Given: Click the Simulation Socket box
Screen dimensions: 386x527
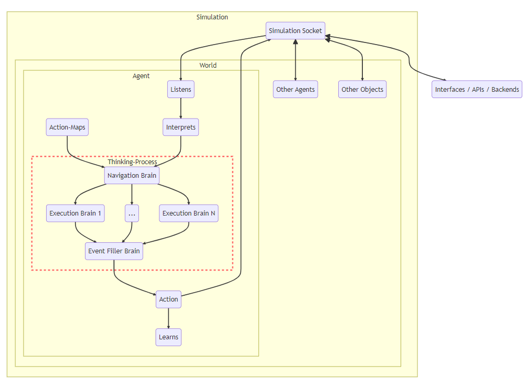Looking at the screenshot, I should point(295,31).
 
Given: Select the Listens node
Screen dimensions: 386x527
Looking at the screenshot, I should point(181,90).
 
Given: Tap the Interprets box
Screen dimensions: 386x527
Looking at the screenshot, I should point(181,127).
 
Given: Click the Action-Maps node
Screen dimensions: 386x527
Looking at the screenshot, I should point(67,127).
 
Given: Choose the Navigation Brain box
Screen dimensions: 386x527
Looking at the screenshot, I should point(132,176).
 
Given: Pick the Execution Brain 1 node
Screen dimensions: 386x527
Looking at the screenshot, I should point(75,213).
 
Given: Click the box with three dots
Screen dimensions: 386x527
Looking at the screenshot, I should point(132,213).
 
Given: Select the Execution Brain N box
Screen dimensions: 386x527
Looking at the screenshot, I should point(189,213).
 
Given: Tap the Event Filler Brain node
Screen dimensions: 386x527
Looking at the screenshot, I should point(114,251).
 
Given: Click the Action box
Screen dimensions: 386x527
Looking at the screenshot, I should point(168,299).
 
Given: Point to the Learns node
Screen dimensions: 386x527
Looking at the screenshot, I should point(168,337).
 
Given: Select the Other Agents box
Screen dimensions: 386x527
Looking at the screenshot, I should point(296,90).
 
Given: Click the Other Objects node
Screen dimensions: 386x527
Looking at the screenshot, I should point(362,90).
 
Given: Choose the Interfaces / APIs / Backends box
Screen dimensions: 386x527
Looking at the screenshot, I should point(477,90).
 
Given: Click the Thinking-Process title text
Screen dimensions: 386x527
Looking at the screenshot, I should point(132,162).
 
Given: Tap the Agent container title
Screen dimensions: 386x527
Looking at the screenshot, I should point(141,76).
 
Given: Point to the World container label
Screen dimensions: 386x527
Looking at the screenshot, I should point(208,66).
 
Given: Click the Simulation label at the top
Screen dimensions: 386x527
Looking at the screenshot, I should point(212,17).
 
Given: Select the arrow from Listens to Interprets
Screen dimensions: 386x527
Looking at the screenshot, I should point(181,109).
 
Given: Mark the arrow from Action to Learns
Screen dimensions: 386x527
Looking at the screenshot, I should point(168,318).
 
